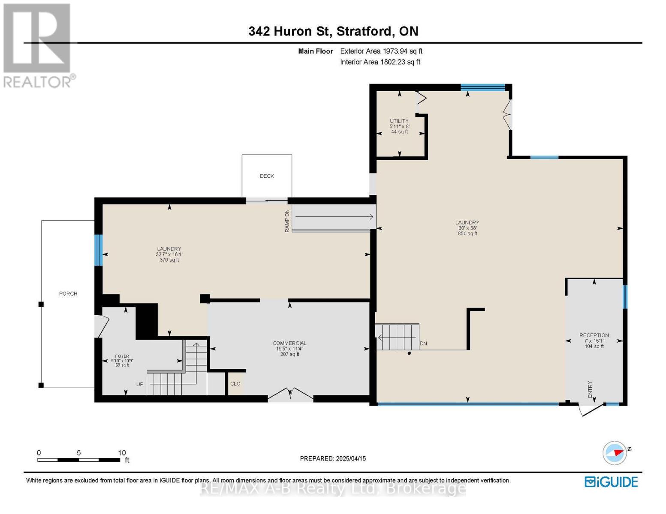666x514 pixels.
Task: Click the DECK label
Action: (x=266, y=176)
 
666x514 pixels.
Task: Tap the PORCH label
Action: (x=68, y=293)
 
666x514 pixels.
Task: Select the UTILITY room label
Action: (x=399, y=121)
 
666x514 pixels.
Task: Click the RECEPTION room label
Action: (x=594, y=335)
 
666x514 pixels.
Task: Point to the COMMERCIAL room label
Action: (x=289, y=343)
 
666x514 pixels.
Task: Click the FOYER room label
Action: (x=122, y=356)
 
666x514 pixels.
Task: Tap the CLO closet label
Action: (x=235, y=384)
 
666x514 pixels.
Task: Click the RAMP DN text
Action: (x=287, y=221)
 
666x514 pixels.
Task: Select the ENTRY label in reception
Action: (x=590, y=389)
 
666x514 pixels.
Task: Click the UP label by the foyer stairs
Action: (x=140, y=384)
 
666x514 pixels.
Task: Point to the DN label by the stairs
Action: (x=423, y=344)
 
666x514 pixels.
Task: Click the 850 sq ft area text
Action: (x=467, y=233)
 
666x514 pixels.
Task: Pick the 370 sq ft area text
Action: (x=169, y=260)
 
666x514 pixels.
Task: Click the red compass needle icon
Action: (x=619, y=452)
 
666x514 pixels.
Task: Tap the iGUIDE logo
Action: (x=611, y=482)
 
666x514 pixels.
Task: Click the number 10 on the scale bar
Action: (x=122, y=452)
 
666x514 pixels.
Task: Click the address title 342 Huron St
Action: (x=289, y=31)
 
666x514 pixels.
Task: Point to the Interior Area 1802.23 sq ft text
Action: (x=380, y=62)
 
